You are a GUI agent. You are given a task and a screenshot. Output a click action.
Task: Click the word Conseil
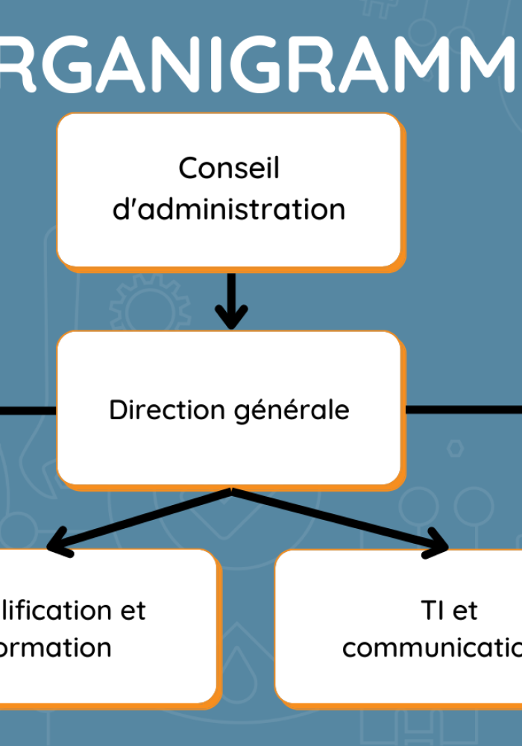(x=229, y=168)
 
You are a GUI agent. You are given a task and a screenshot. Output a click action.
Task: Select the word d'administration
(x=229, y=209)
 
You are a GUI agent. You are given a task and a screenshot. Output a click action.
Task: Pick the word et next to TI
(x=465, y=612)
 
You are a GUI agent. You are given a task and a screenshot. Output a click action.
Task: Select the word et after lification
(x=133, y=611)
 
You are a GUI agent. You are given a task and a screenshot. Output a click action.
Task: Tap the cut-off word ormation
(x=55, y=647)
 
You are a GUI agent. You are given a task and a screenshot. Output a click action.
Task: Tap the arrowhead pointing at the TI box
(x=438, y=550)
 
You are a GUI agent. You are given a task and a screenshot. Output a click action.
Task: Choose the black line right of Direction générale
(x=462, y=410)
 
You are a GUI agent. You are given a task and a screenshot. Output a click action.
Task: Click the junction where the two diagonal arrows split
(x=232, y=491)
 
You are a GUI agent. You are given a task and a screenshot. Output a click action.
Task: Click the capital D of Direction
(x=117, y=410)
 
